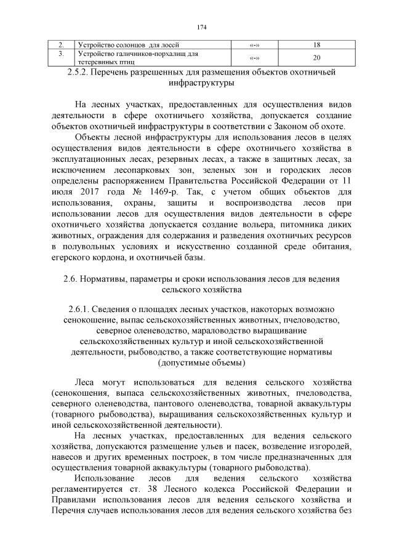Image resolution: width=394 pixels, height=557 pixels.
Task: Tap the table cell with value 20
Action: point(316,58)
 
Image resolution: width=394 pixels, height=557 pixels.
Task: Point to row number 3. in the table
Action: point(61,54)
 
